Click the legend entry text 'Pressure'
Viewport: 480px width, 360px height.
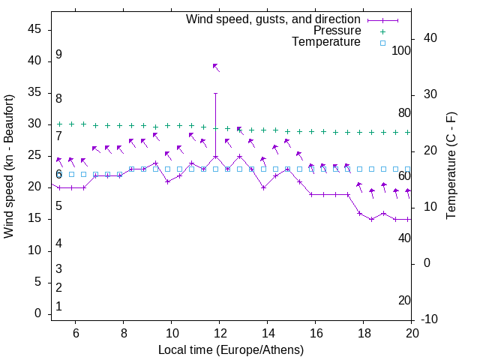[337, 31]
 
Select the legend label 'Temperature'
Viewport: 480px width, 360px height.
[326, 42]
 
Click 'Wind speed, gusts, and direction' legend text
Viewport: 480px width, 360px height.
[274, 19]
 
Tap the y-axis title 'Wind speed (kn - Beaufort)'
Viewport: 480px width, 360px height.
[9, 166]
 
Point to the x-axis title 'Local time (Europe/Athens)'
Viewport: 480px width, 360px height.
[231, 349]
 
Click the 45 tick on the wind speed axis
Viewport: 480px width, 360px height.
[34, 29]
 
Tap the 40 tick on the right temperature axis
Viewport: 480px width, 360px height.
[431, 38]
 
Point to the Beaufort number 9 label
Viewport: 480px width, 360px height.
[58, 55]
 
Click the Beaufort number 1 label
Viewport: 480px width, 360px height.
[58, 307]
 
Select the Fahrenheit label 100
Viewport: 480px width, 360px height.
[402, 50]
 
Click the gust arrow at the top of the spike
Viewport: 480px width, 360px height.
[216, 67]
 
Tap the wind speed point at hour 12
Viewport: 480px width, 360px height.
[216, 156]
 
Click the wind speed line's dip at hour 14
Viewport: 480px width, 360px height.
[264, 187]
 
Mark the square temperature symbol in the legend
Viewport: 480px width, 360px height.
[382, 43]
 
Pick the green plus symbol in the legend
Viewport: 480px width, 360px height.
[382, 31]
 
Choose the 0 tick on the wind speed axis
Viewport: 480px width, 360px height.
[37, 313]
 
